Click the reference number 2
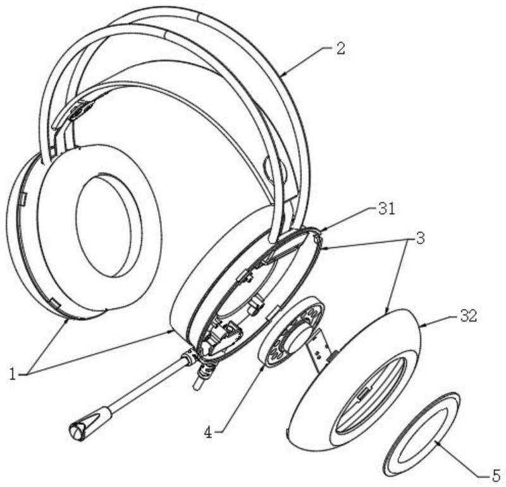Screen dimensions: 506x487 340,49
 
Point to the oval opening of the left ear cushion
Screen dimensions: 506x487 104,225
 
